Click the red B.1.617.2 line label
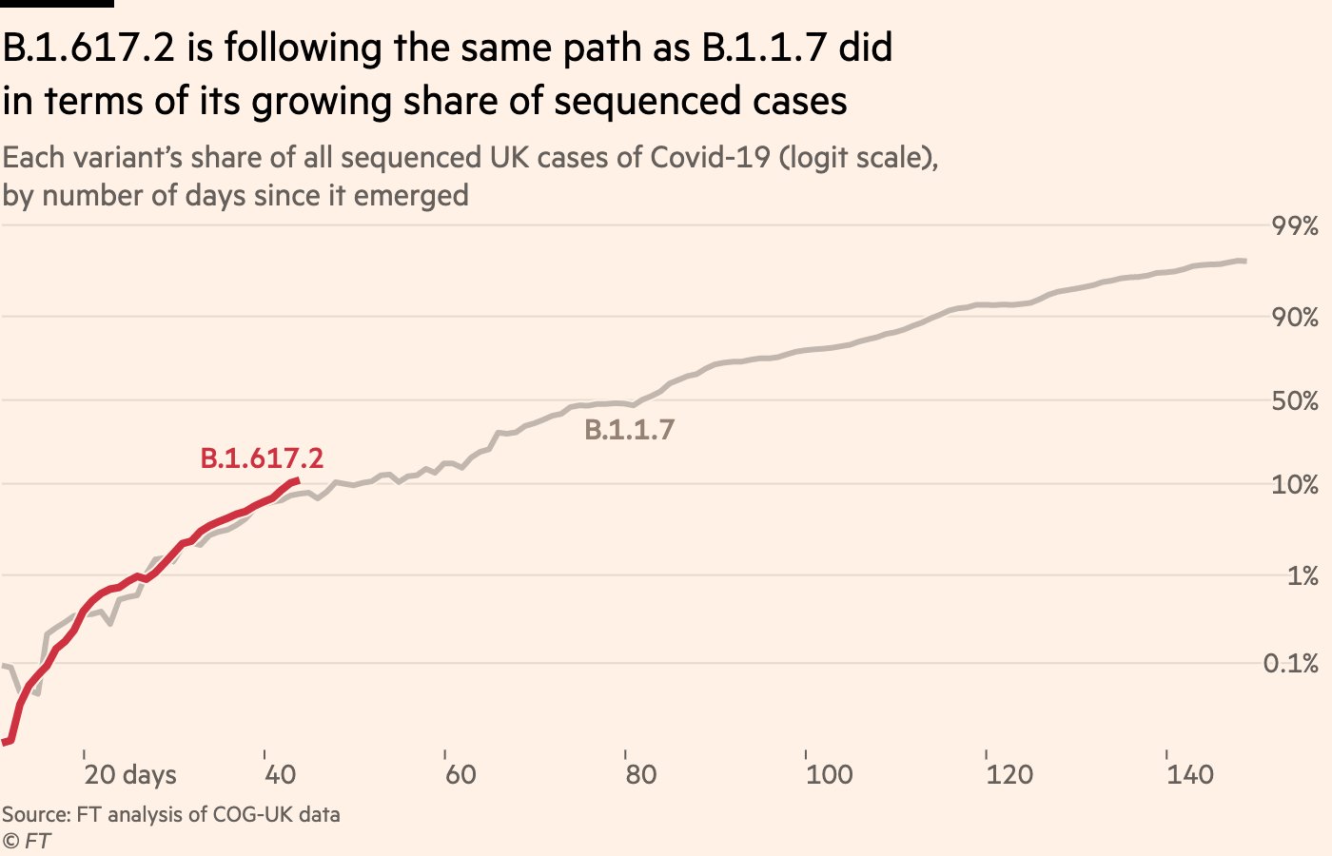[x=262, y=458]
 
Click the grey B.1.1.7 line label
[x=629, y=430]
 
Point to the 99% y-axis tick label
[x=1295, y=226]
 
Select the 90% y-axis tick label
[x=1295, y=318]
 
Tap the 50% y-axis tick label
[x=1295, y=401]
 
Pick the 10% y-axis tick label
[x=1295, y=485]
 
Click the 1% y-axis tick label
[x=1303, y=576]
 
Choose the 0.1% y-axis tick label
[x=1291, y=664]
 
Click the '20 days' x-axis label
[x=130, y=774]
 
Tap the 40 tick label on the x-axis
[x=280, y=774]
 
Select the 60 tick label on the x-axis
[x=460, y=774]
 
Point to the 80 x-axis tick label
[x=641, y=774]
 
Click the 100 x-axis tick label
[x=829, y=774]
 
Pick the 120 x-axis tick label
[x=1009, y=774]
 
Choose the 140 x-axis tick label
[x=1190, y=774]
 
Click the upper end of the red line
[x=297, y=480]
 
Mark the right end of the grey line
[x=1244, y=261]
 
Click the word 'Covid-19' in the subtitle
[x=711, y=157]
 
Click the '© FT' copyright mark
[x=27, y=841]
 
